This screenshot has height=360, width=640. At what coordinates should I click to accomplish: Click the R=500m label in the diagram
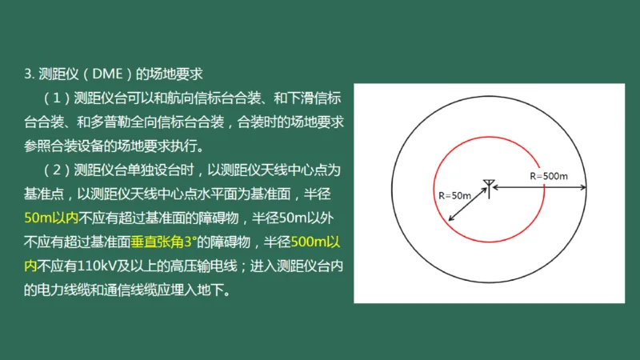coord(549,175)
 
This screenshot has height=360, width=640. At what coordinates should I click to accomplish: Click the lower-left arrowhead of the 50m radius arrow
coord(450,219)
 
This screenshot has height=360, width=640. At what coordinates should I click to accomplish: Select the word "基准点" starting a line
coord(50,194)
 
